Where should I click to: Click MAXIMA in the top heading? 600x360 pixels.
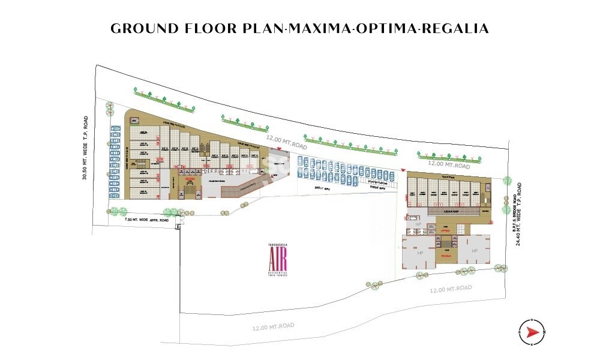(x=317, y=29)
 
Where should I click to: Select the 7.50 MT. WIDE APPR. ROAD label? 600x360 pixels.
(x=145, y=220)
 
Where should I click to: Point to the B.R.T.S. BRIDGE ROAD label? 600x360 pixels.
(x=515, y=215)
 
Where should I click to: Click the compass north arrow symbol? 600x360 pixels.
(x=532, y=332)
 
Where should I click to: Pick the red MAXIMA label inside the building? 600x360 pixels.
(x=190, y=179)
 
